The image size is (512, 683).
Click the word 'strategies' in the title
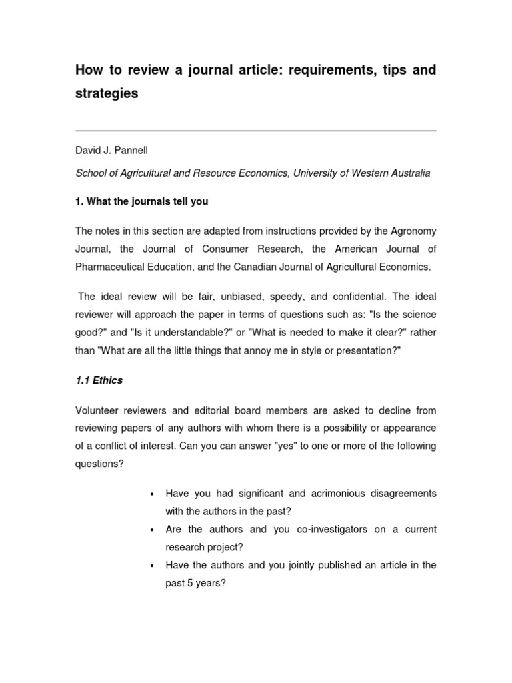tap(107, 93)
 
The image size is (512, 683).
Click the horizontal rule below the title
tap(256, 130)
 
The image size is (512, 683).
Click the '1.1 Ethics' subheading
tap(99, 380)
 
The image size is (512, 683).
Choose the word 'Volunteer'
tap(100, 410)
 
